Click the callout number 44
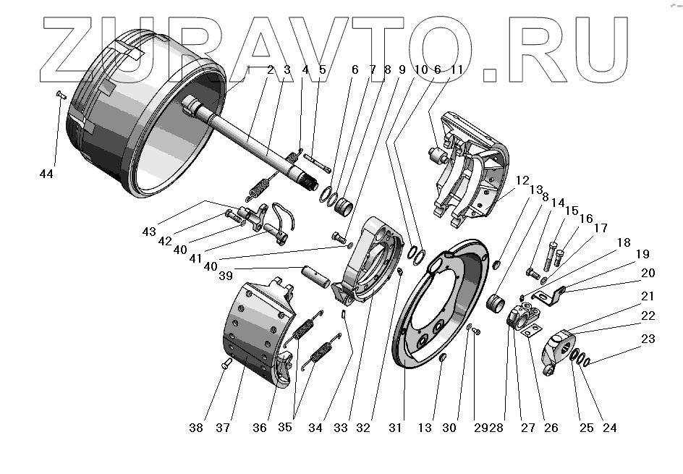point(47,174)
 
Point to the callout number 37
point(222,428)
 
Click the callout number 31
point(395,428)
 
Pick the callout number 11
point(456,70)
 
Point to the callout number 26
point(551,428)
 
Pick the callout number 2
point(270,70)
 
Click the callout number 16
point(584,218)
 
